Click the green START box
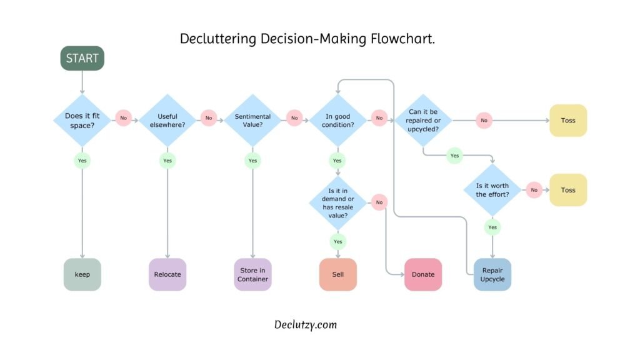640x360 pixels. [x=82, y=58]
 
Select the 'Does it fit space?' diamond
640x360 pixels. [x=82, y=120]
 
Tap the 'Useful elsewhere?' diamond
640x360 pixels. [x=167, y=120]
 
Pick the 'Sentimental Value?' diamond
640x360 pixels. [x=252, y=120]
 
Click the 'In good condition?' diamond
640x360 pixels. [x=337, y=120]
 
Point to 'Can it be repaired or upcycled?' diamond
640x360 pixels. [x=423, y=120]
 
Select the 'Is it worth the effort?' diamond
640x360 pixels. [x=492, y=190]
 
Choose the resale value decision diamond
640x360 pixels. [x=337, y=203]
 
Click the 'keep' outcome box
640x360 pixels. [x=82, y=274]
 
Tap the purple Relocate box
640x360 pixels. [x=167, y=274]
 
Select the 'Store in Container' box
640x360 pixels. [x=252, y=274]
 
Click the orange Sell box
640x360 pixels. [x=337, y=274]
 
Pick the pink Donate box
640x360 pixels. [x=423, y=274]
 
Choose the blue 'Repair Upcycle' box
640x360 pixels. [x=492, y=274]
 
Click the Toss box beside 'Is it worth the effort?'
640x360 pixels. [x=568, y=190]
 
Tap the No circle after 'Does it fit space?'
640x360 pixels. [x=123, y=117]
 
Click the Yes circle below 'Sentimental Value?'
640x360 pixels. [x=252, y=161]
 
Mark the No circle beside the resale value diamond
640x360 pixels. [x=379, y=201]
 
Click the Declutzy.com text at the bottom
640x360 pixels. [x=306, y=324]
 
